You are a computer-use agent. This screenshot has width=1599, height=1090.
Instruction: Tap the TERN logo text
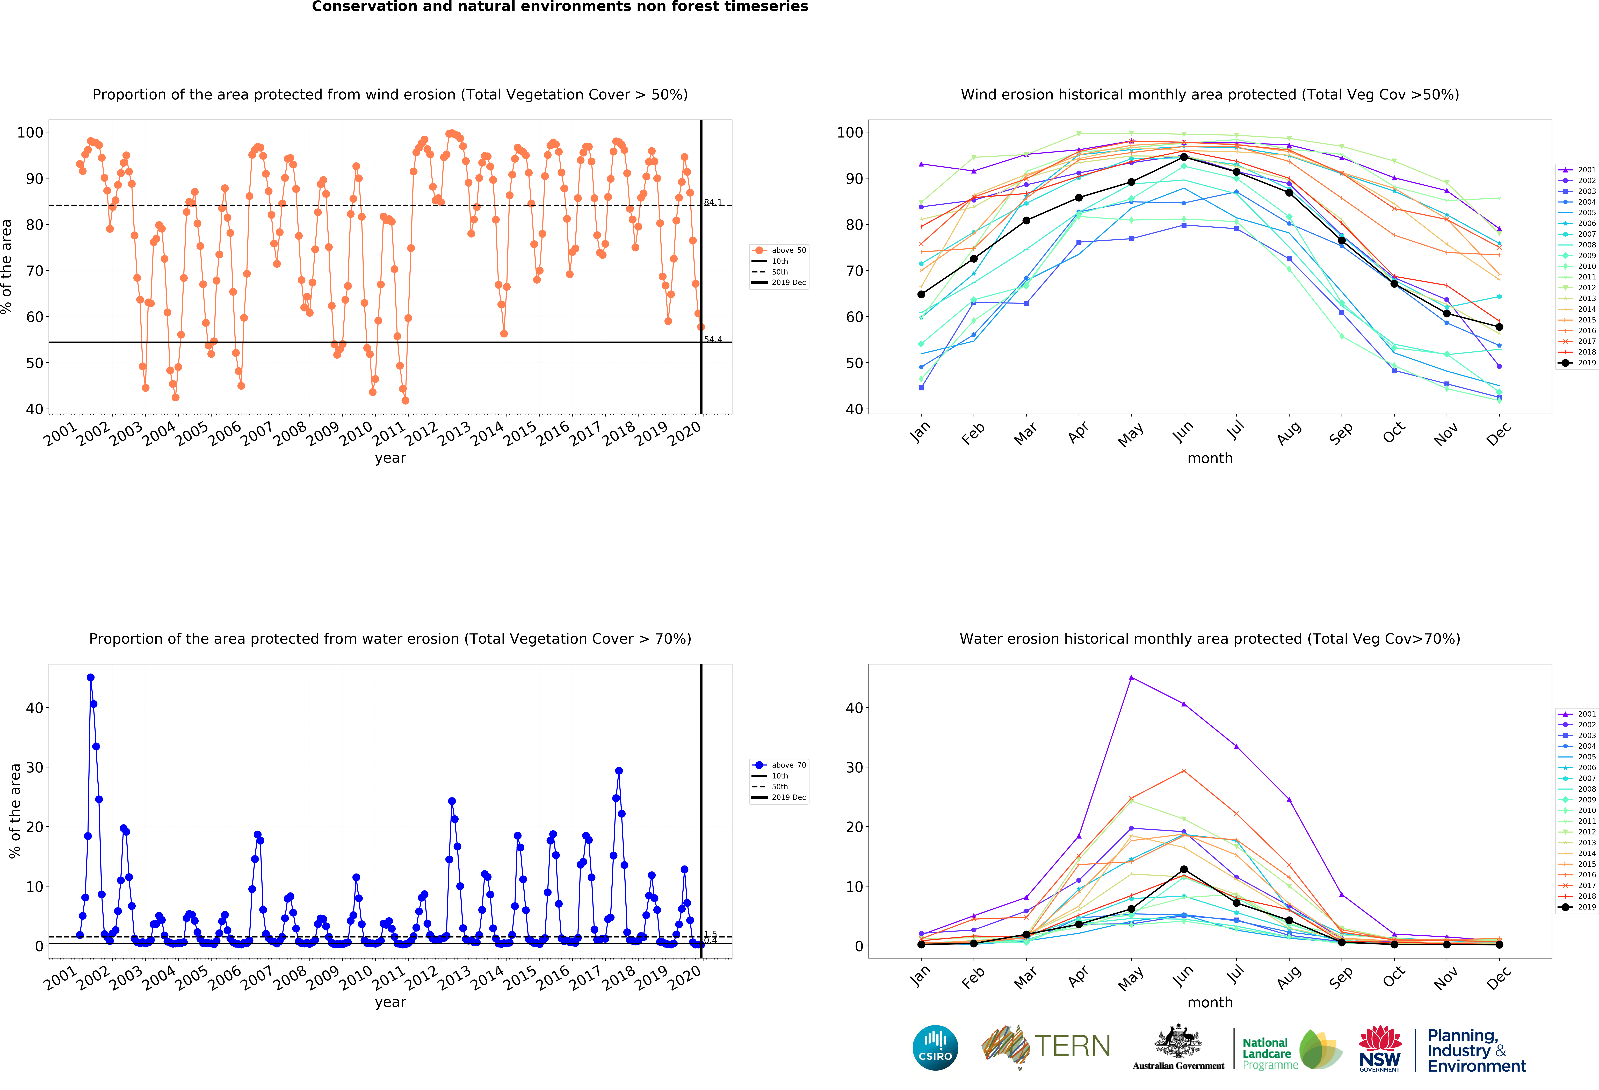tap(1072, 1046)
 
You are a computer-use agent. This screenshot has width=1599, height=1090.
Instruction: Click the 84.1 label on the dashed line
tap(713, 202)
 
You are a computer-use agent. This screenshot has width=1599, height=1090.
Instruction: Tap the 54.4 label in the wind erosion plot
tap(713, 339)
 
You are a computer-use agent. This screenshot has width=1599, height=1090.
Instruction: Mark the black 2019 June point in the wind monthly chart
tap(1183, 158)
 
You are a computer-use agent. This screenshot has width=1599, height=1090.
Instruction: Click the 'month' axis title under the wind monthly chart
tap(1210, 458)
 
